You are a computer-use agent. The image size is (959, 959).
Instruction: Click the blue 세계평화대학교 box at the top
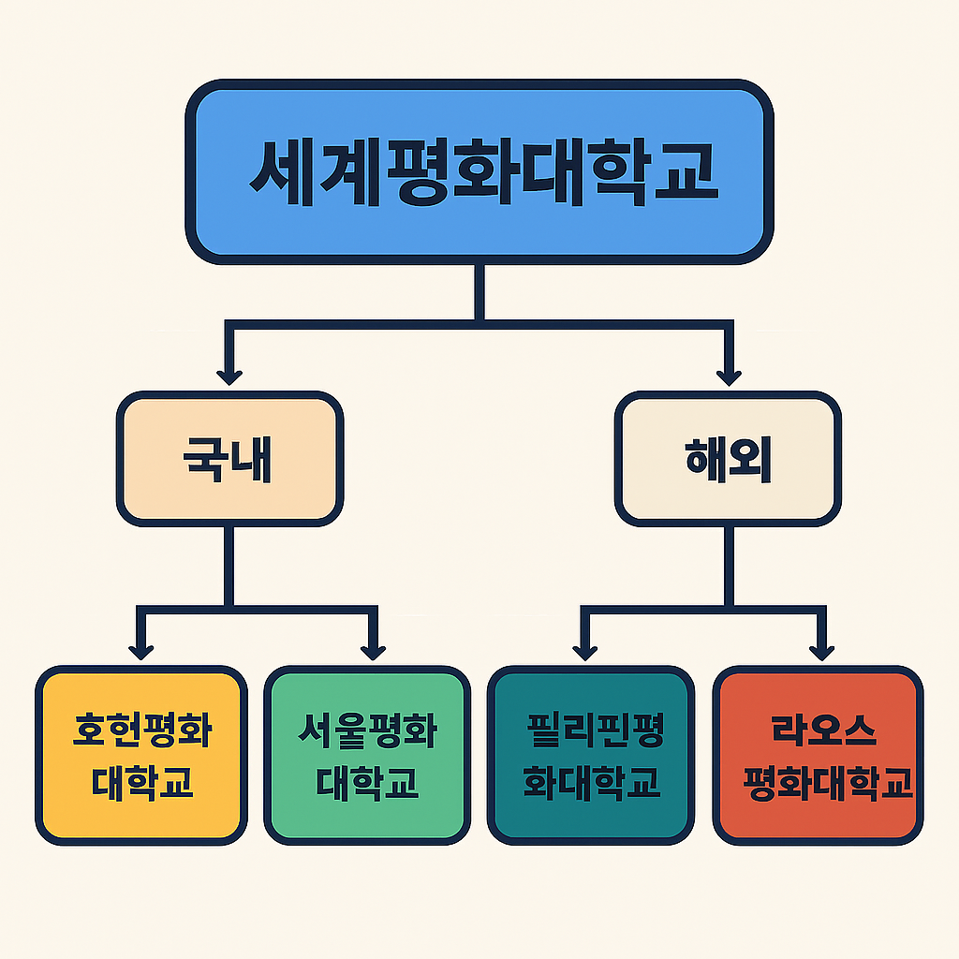479,170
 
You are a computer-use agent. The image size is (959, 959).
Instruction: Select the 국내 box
229,458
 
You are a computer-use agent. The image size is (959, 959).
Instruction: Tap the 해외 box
728,458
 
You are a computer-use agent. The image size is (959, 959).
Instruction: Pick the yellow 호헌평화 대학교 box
141,755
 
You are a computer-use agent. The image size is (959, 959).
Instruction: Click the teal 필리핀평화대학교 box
591,755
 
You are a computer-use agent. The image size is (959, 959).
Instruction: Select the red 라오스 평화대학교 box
818,755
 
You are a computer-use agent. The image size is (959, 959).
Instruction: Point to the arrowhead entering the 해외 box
728,376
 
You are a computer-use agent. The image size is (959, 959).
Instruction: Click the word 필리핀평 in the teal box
595,730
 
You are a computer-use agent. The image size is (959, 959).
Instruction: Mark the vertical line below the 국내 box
229,562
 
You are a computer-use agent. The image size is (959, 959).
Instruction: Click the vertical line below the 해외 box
728,562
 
